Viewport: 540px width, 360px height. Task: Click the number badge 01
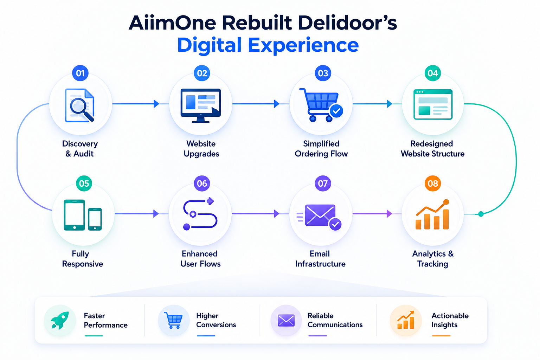pyautogui.click(x=80, y=73)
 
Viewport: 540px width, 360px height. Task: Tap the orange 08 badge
pyautogui.click(x=433, y=184)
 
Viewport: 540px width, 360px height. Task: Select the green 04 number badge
pyautogui.click(x=433, y=73)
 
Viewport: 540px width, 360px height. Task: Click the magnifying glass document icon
pyautogui.click(x=79, y=105)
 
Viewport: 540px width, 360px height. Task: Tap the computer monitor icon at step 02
pyautogui.click(x=201, y=105)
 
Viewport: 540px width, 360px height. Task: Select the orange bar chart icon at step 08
pyautogui.click(x=432, y=214)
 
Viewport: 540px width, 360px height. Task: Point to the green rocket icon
pyautogui.click(x=60, y=320)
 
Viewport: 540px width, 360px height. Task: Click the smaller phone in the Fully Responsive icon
pyautogui.click(x=95, y=219)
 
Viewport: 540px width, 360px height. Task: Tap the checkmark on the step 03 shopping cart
pyautogui.click(x=336, y=111)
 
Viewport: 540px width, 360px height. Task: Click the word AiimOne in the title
pyautogui.click(x=173, y=23)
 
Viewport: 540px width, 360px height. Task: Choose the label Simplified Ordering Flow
pyautogui.click(x=321, y=149)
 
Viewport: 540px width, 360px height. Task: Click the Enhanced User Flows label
pyautogui.click(x=200, y=259)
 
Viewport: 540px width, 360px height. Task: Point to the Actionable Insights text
pyautogui.click(x=450, y=320)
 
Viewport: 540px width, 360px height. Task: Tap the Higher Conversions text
pyautogui.click(x=216, y=320)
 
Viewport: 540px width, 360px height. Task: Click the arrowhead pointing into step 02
pyautogui.click(x=156, y=104)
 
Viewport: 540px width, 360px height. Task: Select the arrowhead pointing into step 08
pyautogui.click(x=389, y=214)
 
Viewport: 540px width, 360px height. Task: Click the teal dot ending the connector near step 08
pyautogui.click(x=481, y=214)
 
